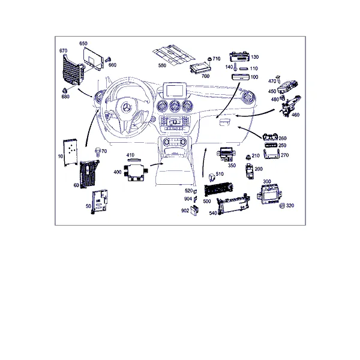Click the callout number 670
64,50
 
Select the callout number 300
267,181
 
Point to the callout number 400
118,172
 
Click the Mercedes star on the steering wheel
128,107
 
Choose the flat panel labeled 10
71,153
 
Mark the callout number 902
185,211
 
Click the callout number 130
254,57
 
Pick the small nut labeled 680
64,90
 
